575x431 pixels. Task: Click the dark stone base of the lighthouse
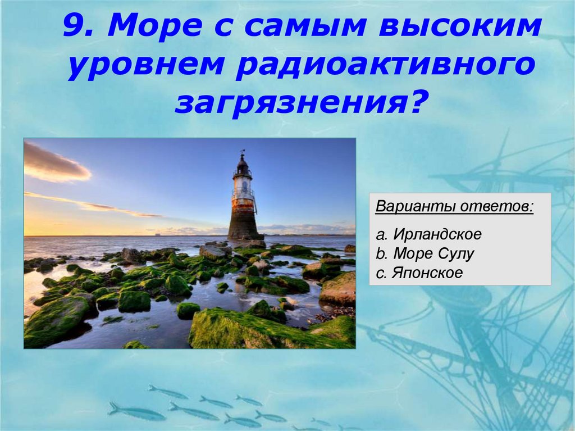tap(244, 225)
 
